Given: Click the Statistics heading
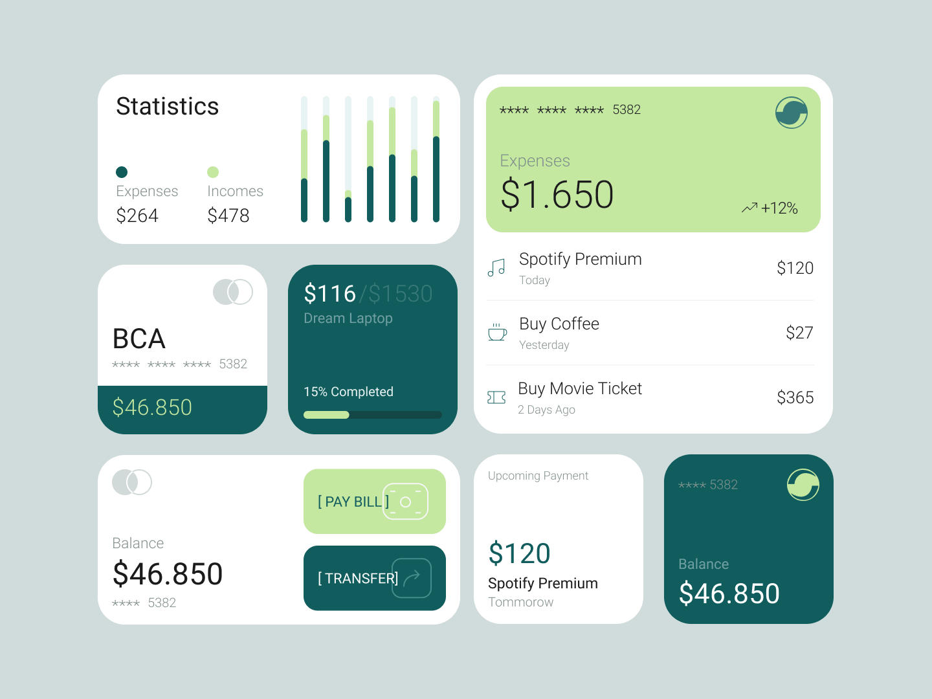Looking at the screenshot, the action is click(167, 106).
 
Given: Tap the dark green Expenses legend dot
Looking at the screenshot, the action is click(122, 172).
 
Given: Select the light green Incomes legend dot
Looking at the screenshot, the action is click(213, 172).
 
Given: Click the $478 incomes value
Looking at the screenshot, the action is click(228, 215).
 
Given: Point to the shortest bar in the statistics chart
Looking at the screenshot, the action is click(348, 206).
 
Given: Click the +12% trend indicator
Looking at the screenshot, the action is click(770, 208).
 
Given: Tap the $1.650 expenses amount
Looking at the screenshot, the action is click(557, 194).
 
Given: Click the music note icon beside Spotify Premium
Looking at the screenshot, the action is click(496, 268).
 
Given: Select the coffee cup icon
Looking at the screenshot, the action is click(497, 332).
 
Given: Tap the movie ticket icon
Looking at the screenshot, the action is click(496, 397).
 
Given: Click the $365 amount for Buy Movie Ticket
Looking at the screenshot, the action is click(795, 397).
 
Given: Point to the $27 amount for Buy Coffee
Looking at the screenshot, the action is click(799, 333).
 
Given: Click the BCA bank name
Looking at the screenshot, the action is click(139, 338).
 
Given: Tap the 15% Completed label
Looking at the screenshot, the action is click(348, 392).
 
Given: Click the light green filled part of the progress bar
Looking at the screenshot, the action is click(326, 415).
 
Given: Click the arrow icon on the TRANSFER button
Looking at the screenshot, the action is click(412, 577).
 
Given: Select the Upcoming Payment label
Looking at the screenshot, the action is click(538, 476).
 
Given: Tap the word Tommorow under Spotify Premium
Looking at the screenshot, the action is click(520, 602).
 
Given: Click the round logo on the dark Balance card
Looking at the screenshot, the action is click(803, 485).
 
